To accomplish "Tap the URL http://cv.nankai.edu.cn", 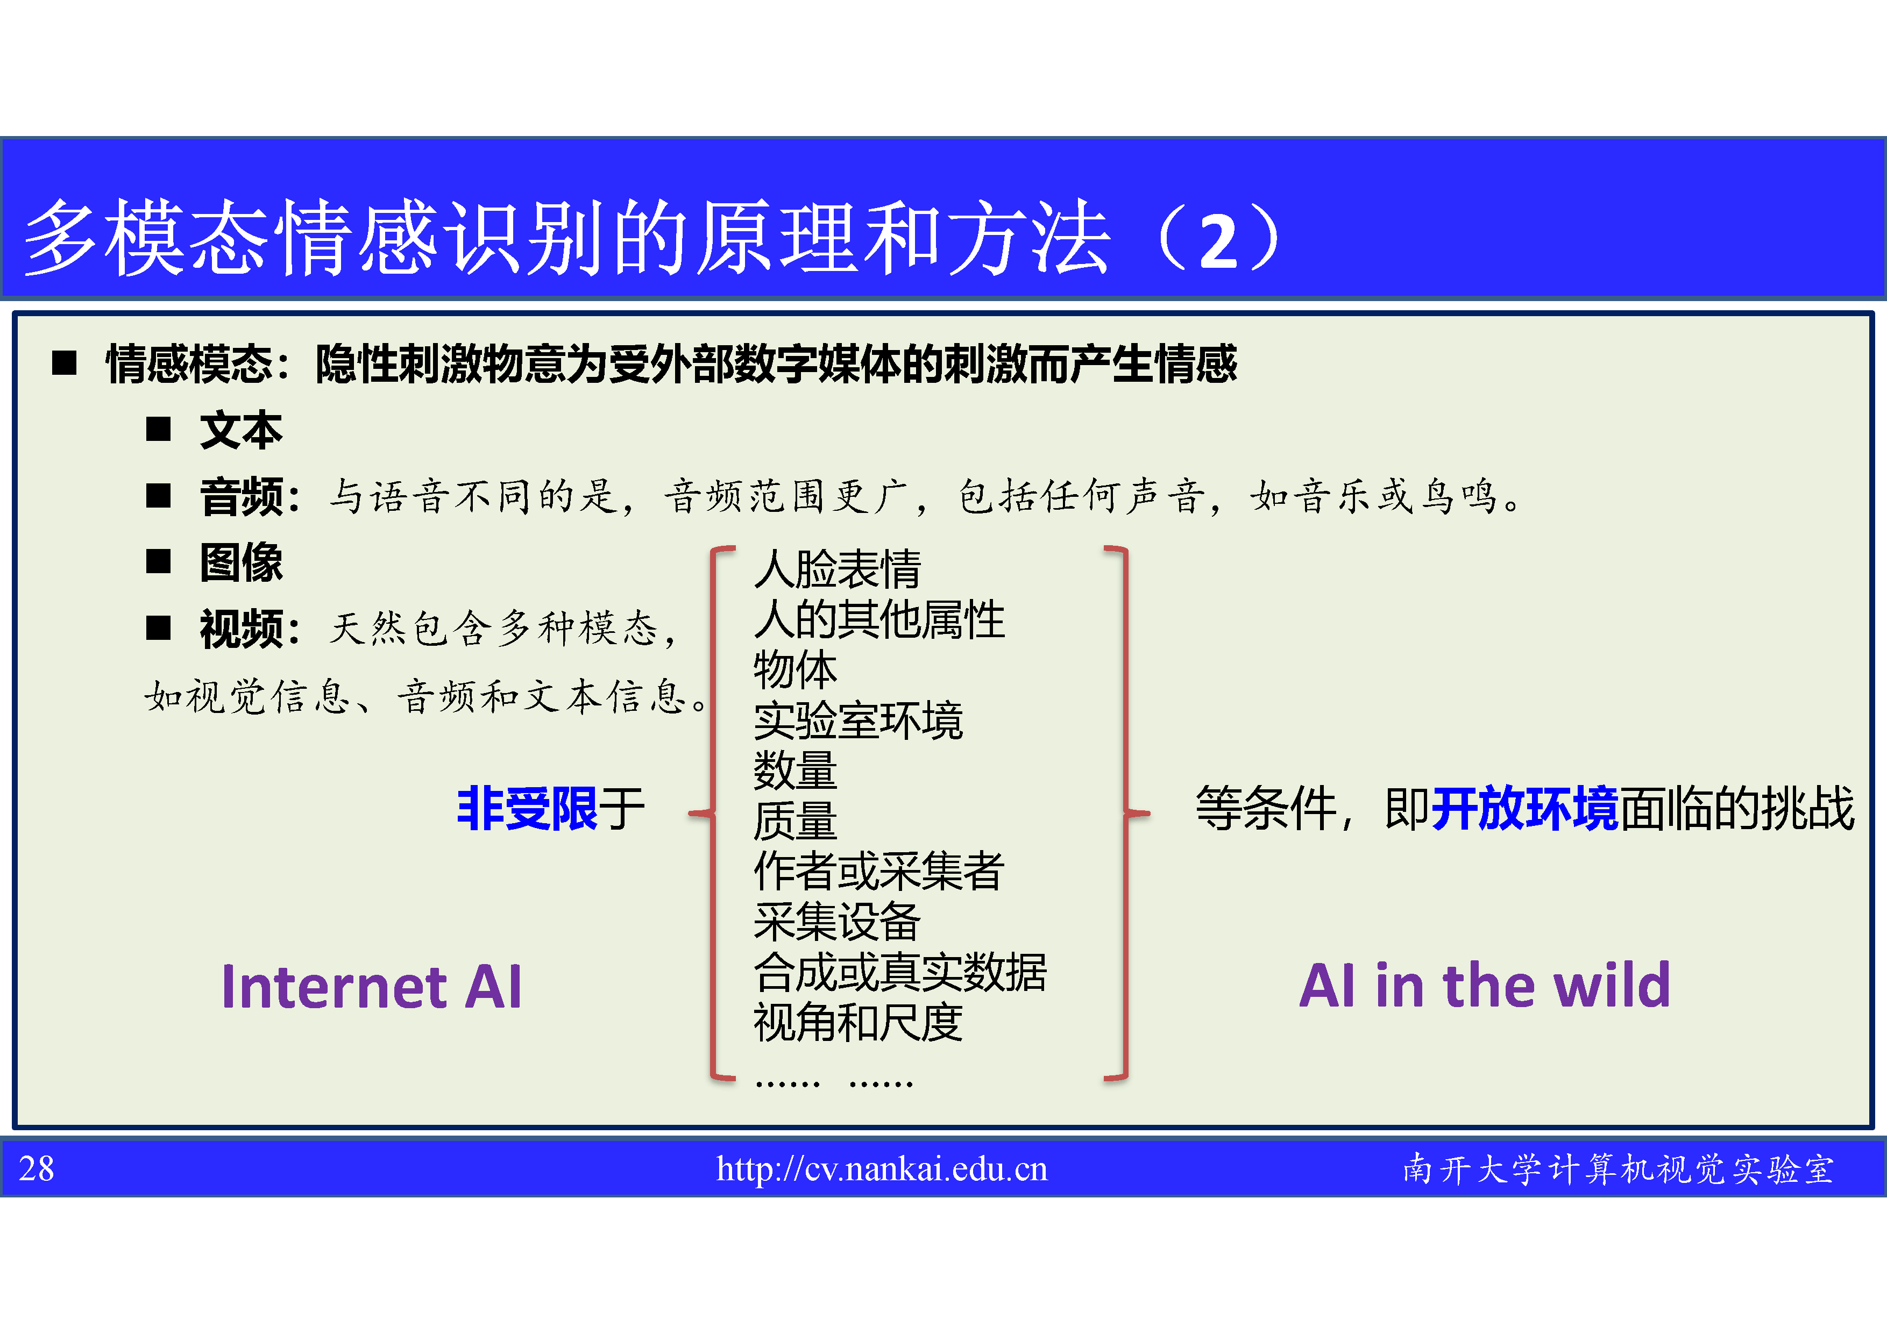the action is coord(882,1169).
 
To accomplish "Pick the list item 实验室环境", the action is coord(858,720).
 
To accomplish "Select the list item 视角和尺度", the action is coord(858,1023).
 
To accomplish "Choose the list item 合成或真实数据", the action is coord(900,973).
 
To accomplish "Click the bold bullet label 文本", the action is coord(241,431).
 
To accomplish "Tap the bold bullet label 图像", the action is coord(241,562).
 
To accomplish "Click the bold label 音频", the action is coord(241,497).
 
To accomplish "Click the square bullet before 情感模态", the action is coord(64,363).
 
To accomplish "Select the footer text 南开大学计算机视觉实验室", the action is coord(1618,1169).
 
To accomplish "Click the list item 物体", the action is coord(794,669).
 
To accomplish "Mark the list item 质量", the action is coord(794,821).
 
